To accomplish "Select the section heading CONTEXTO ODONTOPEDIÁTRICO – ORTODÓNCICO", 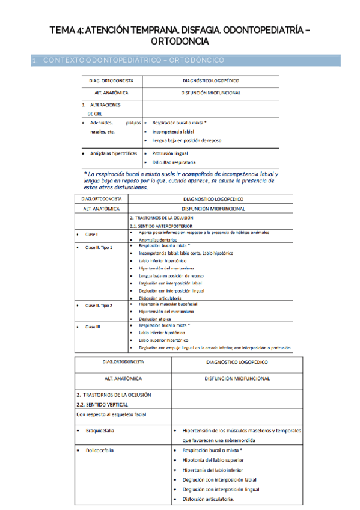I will click(133, 60).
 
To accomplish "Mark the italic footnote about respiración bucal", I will click(180, 179).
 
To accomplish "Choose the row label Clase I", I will click(91, 234).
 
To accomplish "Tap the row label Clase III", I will click(93, 326).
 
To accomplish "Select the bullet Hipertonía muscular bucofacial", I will click(168, 304).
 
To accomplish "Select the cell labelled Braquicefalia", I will click(100, 431).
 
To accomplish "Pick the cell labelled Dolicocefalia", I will click(100, 450).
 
